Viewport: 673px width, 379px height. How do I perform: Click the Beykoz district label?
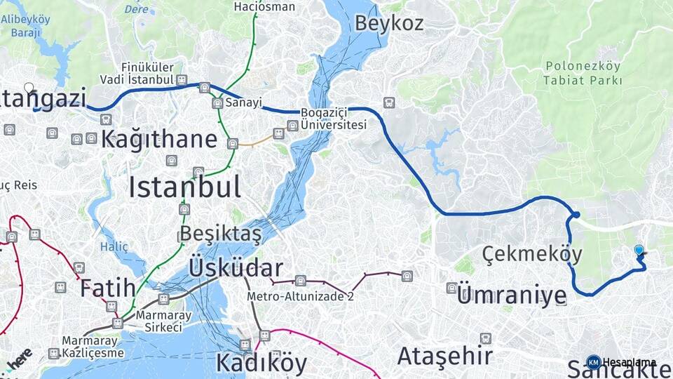point(388,22)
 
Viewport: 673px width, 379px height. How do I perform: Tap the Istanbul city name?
point(184,187)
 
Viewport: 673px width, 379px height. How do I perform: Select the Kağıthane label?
point(158,139)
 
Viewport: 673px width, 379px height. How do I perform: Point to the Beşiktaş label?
point(220,233)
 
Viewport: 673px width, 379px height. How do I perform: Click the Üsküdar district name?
point(236,267)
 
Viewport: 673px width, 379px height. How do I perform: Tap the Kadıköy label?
point(261,363)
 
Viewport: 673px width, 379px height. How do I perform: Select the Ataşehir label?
point(444,356)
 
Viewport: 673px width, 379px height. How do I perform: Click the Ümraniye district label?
point(511,295)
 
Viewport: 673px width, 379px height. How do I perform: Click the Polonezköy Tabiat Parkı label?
point(583,73)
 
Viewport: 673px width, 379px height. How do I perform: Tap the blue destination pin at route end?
point(639,251)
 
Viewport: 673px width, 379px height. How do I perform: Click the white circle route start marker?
point(29,88)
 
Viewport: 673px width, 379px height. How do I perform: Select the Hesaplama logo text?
point(629,362)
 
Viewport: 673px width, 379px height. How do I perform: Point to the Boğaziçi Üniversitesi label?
point(333,119)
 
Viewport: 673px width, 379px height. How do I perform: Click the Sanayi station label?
point(243,102)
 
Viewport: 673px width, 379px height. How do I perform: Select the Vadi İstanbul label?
point(136,79)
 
